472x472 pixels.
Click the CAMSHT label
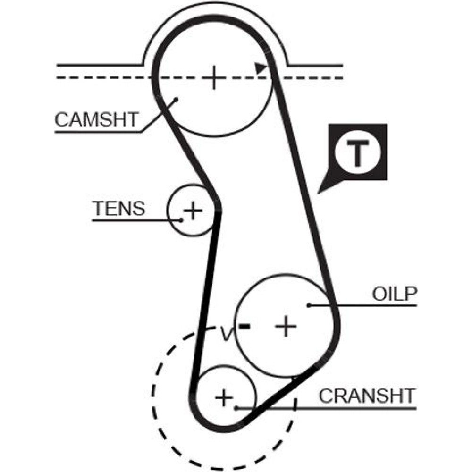[x=96, y=120]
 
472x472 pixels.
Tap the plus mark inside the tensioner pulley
[x=193, y=210]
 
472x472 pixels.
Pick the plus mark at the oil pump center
[x=286, y=326]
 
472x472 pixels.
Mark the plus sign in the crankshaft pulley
[x=225, y=398]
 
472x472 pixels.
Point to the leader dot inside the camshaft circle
[x=176, y=99]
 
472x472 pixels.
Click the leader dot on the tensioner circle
[x=181, y=220]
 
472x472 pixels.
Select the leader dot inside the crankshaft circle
[x=236, y=407]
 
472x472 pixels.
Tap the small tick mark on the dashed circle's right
[x=295, y=403]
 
